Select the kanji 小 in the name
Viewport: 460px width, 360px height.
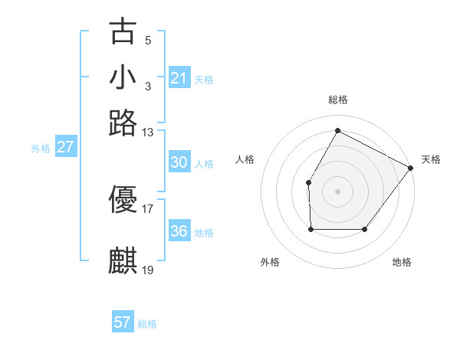[x=123, y=77]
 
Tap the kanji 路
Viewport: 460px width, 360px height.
[x=123, y=122]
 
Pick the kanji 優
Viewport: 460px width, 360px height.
[x=123, y=199]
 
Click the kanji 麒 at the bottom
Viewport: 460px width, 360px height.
[x=123, y=260]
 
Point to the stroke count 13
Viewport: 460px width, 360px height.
[x=148, y=133]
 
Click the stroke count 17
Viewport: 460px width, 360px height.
[x=148, y=208]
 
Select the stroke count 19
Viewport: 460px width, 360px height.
[x=148, y=270]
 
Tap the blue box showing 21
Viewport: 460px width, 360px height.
[x=179, y=78]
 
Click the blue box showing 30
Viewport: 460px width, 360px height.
[x=179, y=162]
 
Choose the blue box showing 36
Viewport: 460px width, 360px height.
[x=179, y=231]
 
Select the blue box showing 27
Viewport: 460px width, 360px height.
[x=65, y=147]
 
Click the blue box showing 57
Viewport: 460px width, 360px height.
[x=123, y=322]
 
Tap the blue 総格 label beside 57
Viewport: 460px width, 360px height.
[x=147, y=324]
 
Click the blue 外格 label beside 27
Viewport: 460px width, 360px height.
[x=41, y=149]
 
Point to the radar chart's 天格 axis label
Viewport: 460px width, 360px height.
[x=431, y=159]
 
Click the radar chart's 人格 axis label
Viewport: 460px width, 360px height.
[x=245, y=159]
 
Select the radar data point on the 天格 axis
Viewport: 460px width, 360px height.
[x=410, y=168]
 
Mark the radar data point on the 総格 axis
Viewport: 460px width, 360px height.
[x=337, y=130]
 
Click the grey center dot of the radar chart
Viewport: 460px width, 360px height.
[x=337, y=191]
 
